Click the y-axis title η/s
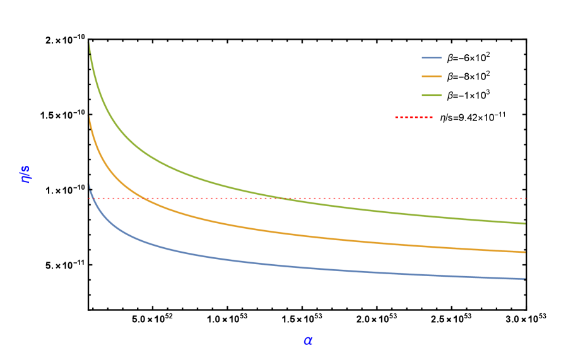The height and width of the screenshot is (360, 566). coord(26,174)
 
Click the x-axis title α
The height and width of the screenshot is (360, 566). coord(308,341)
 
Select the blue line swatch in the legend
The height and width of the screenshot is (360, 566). coord(432,58)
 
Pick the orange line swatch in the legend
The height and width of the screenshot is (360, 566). coord(432,76)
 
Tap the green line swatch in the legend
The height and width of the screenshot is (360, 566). coord(432,95)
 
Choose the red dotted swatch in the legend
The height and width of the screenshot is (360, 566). coord(414,117)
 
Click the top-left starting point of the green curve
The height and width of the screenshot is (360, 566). coord(89,43)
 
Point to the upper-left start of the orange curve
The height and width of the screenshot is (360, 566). coord(90,117)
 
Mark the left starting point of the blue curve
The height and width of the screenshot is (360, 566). coord(90,185)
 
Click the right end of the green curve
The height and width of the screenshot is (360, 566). coord(524,223)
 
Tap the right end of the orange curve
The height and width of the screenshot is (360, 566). coord(524,252)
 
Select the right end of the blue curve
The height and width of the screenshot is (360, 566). coord(524,279)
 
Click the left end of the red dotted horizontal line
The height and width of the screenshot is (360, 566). coord(89,198)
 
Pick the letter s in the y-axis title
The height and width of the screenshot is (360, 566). coord(26,168)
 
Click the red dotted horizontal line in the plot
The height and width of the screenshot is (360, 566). coord(379,198)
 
